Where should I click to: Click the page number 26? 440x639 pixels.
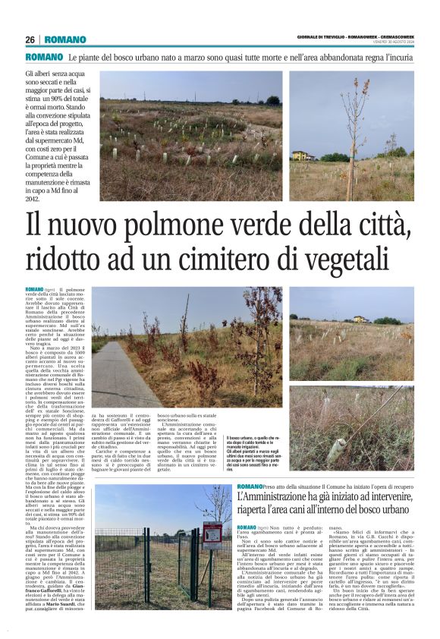[x=30, y=39]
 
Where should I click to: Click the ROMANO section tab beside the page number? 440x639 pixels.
[x=64, y=39]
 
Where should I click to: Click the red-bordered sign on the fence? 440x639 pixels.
[x=212, y=534]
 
